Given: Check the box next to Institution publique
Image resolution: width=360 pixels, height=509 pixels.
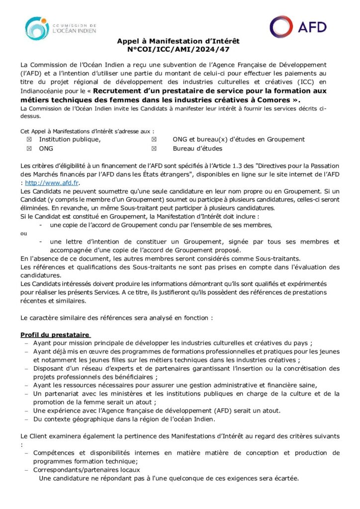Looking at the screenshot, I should point(29,140).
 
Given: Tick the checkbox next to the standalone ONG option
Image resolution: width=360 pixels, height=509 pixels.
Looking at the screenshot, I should point(29,149).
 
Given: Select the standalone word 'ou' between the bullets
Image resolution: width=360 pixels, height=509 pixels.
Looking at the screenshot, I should point(23,233).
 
